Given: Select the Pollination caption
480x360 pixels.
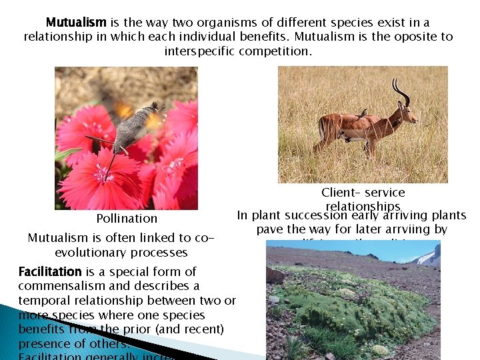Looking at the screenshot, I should point(127,219).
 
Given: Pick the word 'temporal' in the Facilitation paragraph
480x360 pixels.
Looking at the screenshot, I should point(41,301).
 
